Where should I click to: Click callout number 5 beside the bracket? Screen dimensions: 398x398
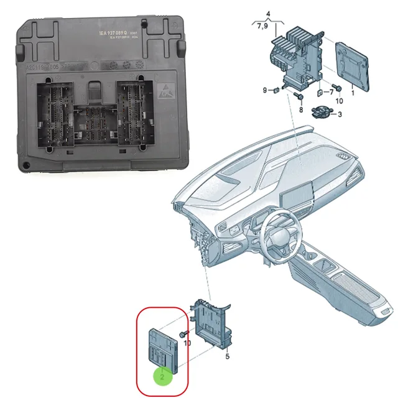227,357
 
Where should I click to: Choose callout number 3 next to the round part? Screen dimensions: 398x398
340,114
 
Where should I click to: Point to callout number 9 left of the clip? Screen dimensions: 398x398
264,91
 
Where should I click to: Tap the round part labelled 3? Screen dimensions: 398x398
320,113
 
